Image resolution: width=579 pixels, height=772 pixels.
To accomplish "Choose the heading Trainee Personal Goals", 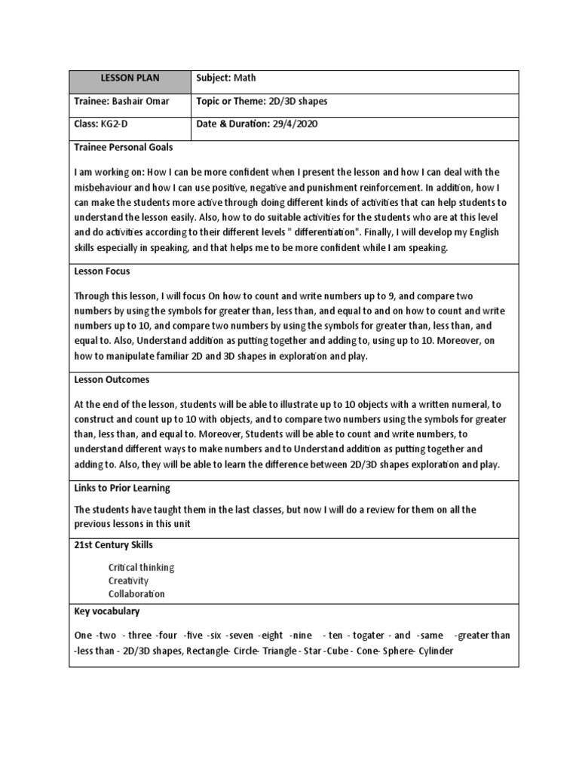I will click(x=123, y=148).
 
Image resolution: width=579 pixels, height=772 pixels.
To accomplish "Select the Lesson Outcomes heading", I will click(x=112, y=380).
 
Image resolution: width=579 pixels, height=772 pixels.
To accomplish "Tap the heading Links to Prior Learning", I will click(x=122, y=488).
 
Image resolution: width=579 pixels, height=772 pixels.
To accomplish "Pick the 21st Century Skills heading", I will click(x=115, y=544).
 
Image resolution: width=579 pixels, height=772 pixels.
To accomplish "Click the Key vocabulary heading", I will click(x=107, y=611).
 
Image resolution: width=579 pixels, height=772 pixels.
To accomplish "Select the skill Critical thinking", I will click(x=142, y=567).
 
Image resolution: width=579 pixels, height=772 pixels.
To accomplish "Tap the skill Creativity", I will click(x=128, y=581).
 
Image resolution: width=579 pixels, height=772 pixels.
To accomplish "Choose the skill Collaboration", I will click(x=136, y=594).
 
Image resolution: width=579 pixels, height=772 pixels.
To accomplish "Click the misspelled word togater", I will click(x=367, y=636).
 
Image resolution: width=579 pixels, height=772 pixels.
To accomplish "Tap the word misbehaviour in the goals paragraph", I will click(x=106, y=188).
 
